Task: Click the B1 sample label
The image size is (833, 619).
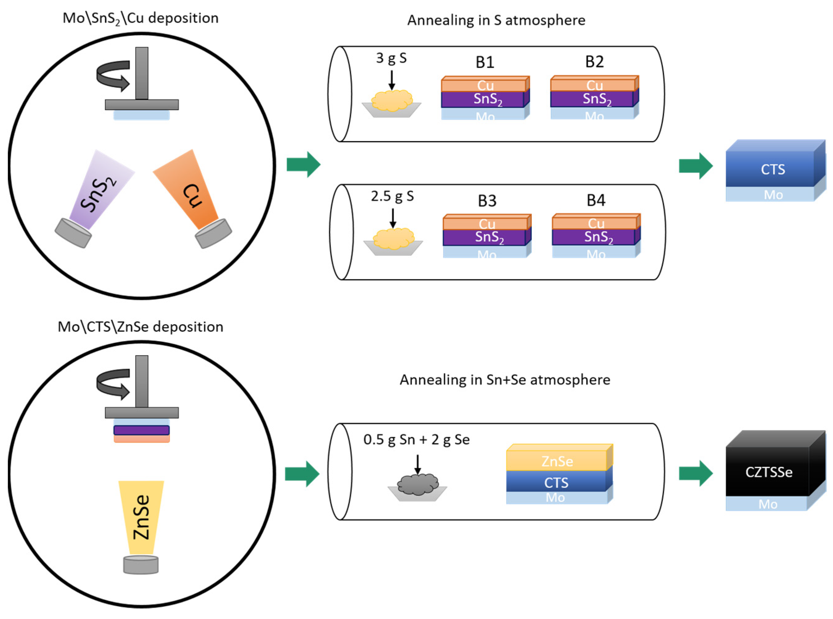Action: pos(485,62)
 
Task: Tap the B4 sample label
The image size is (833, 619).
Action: pos(596,200)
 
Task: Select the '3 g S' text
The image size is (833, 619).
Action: pos(391,58)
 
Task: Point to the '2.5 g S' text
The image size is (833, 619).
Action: pos(392,196)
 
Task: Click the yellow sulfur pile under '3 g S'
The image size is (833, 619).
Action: pos(391,101)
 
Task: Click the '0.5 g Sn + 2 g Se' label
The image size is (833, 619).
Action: pos(416,440)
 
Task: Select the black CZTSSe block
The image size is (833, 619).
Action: pos(768,472)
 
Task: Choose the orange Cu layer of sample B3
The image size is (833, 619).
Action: pos(486,224)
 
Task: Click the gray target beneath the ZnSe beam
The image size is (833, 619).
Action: pos(141,565)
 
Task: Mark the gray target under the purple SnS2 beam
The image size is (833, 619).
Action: pos(73,233)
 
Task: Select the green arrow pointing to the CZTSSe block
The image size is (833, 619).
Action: pos(695,473)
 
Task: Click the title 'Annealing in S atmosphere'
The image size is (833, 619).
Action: pos(496,20)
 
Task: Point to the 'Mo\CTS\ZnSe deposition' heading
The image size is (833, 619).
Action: pos(140,327)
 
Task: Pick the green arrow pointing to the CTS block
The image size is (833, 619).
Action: pos(695,166)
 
